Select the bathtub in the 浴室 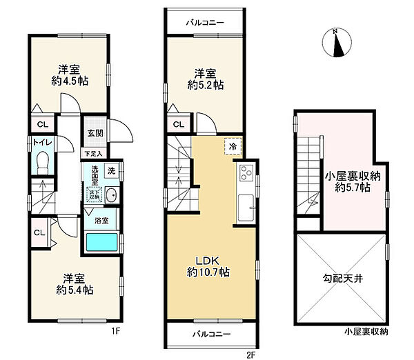(101, 242)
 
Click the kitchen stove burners (246, 173)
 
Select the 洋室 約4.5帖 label (67, 74)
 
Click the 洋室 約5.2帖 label (206, 79)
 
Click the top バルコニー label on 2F (205, 22)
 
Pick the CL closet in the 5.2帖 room (178, 125)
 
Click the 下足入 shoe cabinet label (93, 153)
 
